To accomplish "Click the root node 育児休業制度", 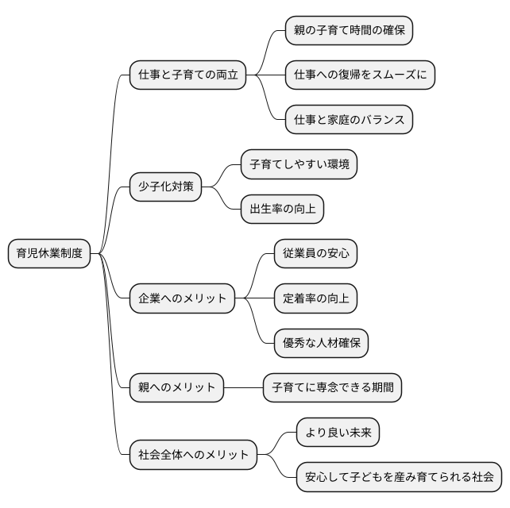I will (x=48, y=254).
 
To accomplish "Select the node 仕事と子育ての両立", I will (x=187, y=75).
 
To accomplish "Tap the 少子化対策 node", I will (x=165, y=187).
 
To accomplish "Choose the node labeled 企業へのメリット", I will (x=182, y=299).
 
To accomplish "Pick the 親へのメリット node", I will (x=177, y=388).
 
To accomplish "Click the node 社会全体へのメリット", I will (x=193, y=455).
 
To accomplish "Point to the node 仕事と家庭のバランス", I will (x=350, y=120).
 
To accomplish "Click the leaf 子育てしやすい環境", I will (x=299, y=165).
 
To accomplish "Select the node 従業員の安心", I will (x=315, y=254).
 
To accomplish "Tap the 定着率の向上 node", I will (x=315, y=299).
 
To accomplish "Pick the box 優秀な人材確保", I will (x=321, y=344).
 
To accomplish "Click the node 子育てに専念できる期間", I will (x=332, y=388).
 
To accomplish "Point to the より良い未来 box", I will (x=338, y=433).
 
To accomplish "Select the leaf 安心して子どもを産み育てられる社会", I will (x=400, y=477).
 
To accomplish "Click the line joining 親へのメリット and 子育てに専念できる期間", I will (x=244, y=388).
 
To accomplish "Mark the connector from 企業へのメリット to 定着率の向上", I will (x=254, y=299).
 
